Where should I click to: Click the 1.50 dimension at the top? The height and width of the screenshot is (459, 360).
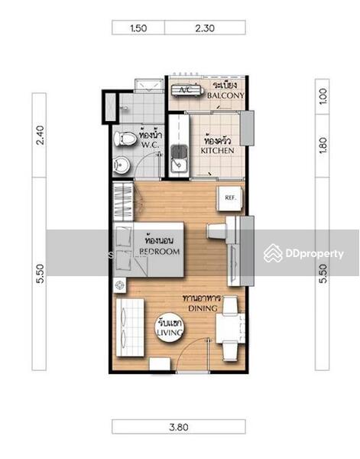click(x=138, y=28)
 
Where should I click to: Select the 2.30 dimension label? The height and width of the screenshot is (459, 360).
click(x=205, y=28)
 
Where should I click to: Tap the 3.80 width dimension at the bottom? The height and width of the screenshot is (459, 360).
click(x=178, y=427)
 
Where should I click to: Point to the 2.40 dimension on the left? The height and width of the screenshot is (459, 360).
click(x=40, y=135)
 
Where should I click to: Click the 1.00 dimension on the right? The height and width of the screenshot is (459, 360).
click(x=323, y=96)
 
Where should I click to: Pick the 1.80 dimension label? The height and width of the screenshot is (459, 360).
click(x=323, y=145)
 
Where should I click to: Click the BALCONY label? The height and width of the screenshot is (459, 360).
click(x=225, y=96)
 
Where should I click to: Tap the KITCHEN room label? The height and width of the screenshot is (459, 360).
click(x=217, y=151)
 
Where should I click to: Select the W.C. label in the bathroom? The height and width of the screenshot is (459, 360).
click(x=150, y=145)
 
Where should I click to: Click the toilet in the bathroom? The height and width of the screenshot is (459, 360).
click(x=125, y=138)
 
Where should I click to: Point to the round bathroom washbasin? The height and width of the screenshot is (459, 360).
click(x=122, y=166)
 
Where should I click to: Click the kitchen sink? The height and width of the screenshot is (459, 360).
click(x=180, y=159)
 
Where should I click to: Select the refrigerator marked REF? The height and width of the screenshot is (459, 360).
click(x=230, y=198)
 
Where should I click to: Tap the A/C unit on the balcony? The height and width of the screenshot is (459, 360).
click(x=187, y=90)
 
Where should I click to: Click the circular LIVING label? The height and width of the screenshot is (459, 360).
click(x=170, y=327)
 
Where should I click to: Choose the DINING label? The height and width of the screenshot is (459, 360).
click(x=203, y=308)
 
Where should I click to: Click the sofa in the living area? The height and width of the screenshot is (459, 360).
click(x=130, y=327)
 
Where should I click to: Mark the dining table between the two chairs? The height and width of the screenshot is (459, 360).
click(x=231, y=328)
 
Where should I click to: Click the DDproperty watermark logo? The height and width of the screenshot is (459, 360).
click(x=303, y=253)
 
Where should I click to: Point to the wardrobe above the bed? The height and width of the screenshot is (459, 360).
click(x=123, y=201)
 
